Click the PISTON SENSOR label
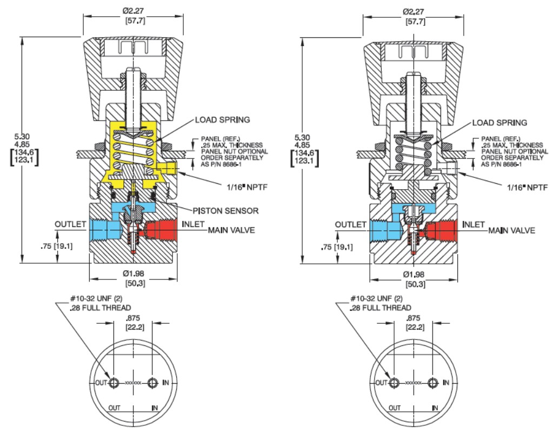coord(225,211)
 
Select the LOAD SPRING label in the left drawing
coord(223,120)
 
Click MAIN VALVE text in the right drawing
coord(511,231)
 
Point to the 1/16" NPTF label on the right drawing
coord(528,188)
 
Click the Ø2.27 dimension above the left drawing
coord(134,11)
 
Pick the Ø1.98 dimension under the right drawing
coord(414,274)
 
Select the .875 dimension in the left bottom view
coord(134,318)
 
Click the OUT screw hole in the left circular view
coord(114,383)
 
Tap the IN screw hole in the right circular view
coord(433,383)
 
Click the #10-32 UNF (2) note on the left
coord(96,298)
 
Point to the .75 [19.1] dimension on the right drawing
coord(337,247)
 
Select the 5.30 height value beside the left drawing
coord(22,136)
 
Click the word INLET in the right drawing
coord(474,224)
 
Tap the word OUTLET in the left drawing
coord(70,224)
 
